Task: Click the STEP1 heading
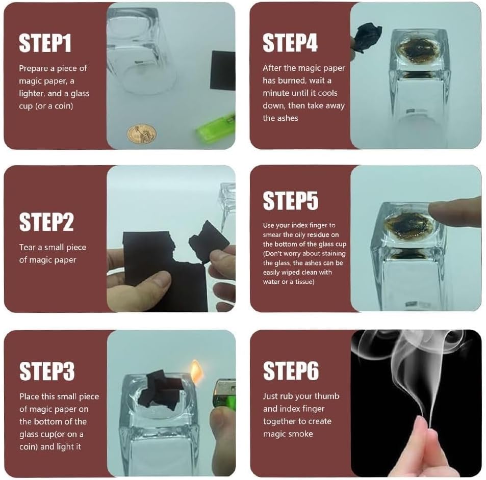click(45, 43)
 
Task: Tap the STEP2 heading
click(46, 222)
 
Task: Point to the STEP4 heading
click(290, 42)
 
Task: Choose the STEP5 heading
click(291, 201)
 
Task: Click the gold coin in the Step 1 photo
click(142, 134)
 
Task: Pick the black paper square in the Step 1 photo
click(222, 71)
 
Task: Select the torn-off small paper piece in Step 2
click(208, 242)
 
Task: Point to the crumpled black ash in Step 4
click(368, 38)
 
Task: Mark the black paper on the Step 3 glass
click(161, 391)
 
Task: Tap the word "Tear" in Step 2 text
click(27, 248)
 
